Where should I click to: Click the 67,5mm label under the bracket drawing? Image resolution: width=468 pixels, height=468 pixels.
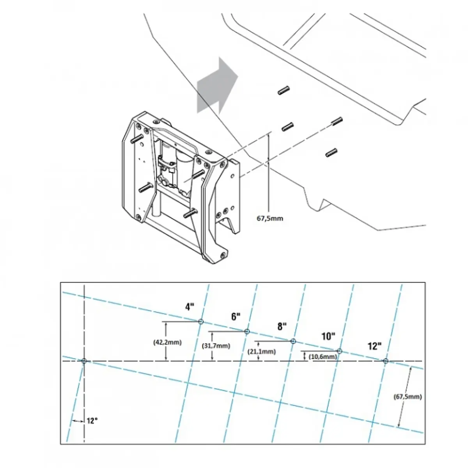(269, 218)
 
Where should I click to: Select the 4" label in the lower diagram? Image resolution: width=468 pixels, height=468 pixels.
(190, 307)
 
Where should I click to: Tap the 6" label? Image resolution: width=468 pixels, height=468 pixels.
(236, 317)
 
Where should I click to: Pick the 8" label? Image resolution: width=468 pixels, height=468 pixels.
(282, 327)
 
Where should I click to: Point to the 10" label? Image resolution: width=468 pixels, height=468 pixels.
(328, 336)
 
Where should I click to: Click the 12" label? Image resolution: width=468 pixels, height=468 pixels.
(374, 346)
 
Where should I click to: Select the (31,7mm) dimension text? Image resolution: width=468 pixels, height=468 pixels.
(216, 346)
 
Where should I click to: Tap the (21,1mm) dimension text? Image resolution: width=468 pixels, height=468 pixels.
(262, 352)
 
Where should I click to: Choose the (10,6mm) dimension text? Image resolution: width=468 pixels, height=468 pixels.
(323, 357)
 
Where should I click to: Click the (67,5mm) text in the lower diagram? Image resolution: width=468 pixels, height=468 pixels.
(408, 397)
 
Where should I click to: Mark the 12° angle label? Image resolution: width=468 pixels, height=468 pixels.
(92, 421)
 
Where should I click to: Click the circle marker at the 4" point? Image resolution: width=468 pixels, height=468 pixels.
(201, 322)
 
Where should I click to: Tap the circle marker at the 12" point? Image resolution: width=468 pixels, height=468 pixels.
(385, 361)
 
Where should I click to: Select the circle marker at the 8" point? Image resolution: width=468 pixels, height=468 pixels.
(293, 341)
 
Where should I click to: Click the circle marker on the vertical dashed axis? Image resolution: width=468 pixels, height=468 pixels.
(84, 361)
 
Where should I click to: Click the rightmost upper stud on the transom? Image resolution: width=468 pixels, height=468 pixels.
(337, 121)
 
